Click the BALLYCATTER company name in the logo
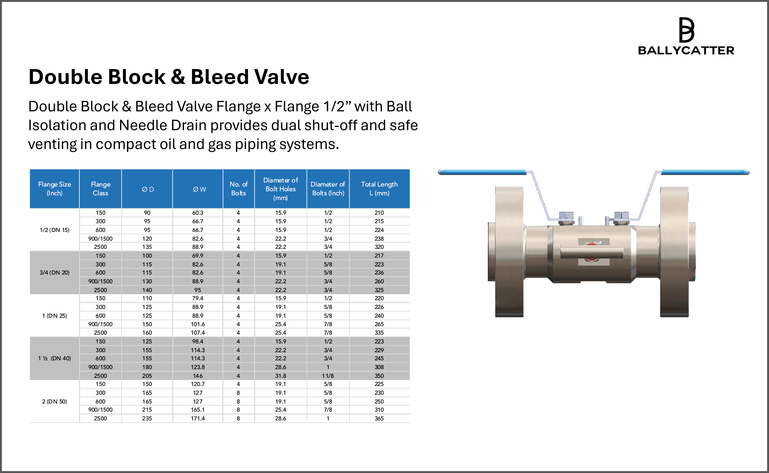(686, 50)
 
